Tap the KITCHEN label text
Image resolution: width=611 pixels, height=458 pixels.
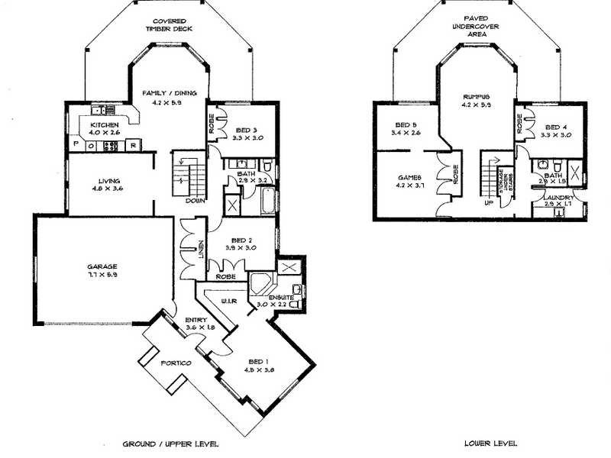[103, 124]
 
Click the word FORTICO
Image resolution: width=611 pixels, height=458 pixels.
[176, 362]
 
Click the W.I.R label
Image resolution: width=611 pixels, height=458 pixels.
[229, 302]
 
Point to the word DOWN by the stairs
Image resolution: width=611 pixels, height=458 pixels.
[193, 201]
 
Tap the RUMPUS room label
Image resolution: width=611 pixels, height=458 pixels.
[476, 97]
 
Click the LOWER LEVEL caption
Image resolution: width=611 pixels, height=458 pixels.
[490, 443]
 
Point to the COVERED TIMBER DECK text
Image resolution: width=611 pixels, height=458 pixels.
[172, 24]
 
